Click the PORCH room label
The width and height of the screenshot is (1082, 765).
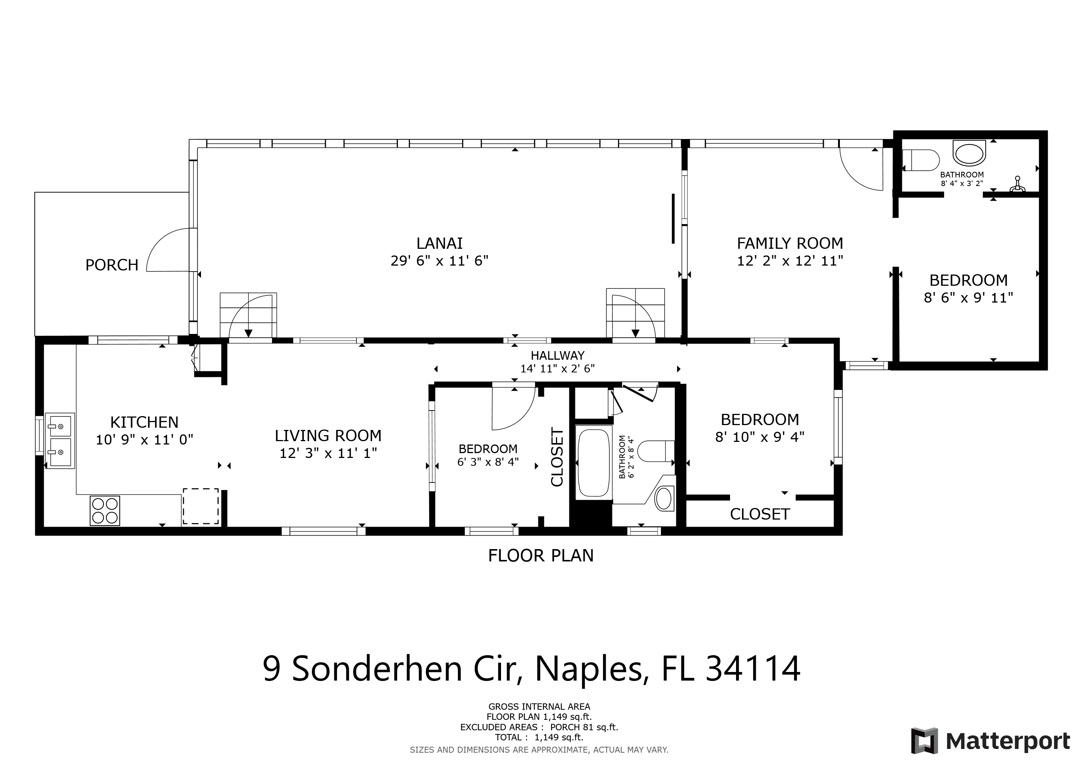pyautogui.click(x=112, y=265)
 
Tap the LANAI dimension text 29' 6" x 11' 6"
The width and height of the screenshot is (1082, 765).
pyautogui.click(x=439, y=260)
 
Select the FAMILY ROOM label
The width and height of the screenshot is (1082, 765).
pyautogui.click(x=790, y=243)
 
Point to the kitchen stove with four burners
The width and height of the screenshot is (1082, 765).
pyautogui.click(x=105, y=511)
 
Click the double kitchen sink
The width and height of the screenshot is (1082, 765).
pyautogui.click(x=60, y=441)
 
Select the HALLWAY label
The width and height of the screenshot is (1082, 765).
pyautogui.click(x=557, y=356)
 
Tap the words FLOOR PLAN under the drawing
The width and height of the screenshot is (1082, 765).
pyautogui.click(x=541, y=556)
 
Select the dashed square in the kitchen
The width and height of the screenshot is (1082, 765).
pyautogui.click(x=201, y=506)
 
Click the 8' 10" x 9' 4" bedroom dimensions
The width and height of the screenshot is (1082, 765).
pyautogui.click(x=760, y=437)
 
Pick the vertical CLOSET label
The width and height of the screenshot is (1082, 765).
pyautogui.click(x=557, y=457)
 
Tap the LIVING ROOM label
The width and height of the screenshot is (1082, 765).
pyautogui.click(x=328, y=436)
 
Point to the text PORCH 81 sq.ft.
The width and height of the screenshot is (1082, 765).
pyautogui.click(x=584, y=727)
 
